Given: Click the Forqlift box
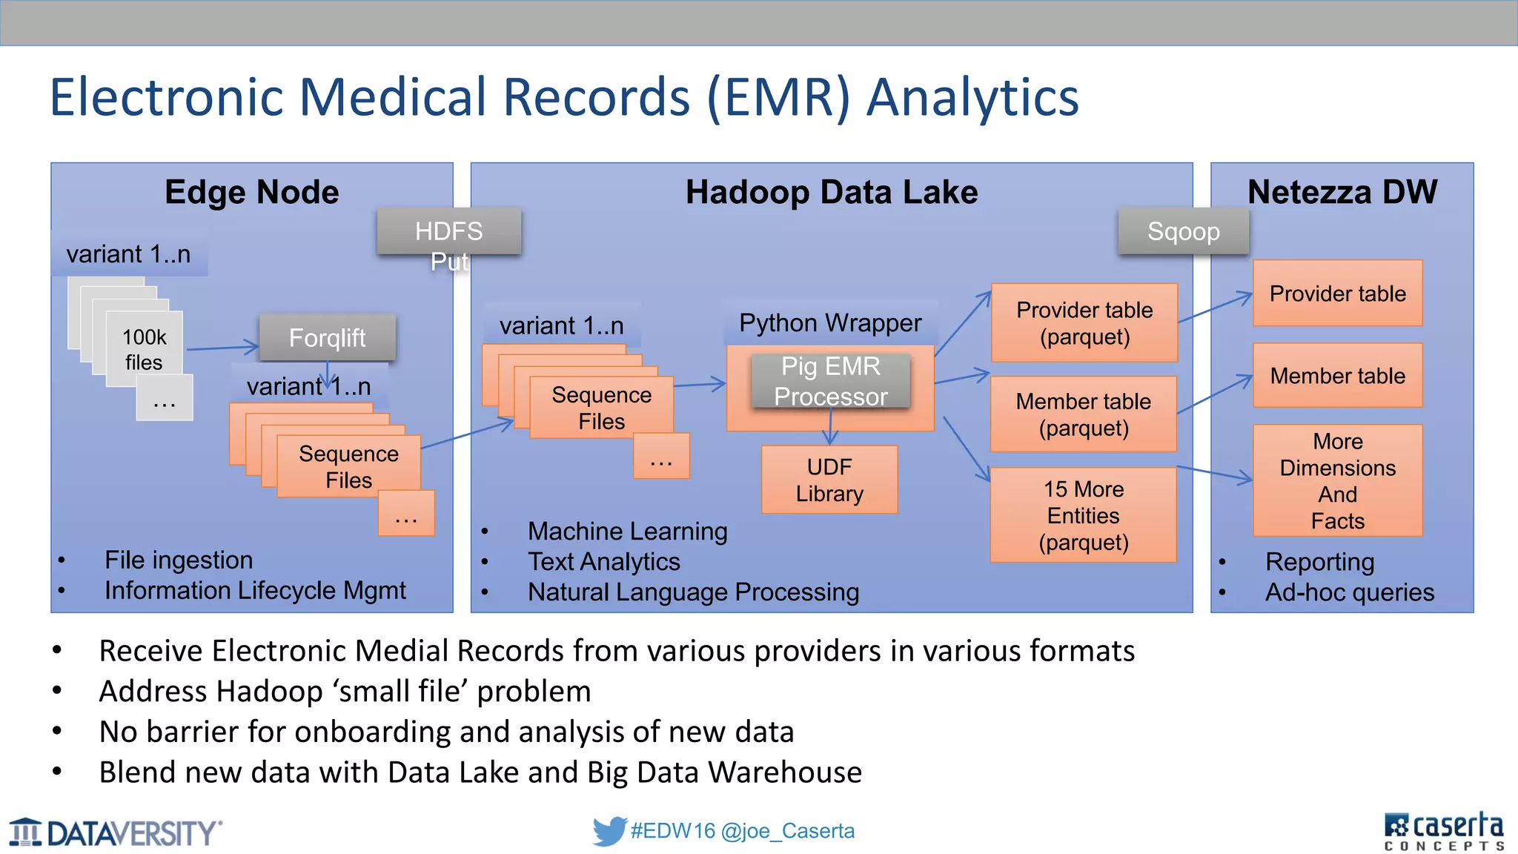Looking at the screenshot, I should (x=327, y=338).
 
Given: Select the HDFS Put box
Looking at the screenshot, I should (x=448, y=232).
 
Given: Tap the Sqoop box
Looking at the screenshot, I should (x=1183, y=232).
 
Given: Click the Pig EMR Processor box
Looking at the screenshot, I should (x=830, y=381).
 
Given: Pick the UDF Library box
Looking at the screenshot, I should (x=829, y=480).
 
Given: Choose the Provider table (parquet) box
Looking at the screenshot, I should (x=1084, y=322).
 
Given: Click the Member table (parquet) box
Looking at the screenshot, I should (x=1083, y=414).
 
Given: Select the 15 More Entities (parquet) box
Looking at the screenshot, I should (x=1083, y=515).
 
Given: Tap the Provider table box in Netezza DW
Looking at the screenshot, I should (x=1337, y=294).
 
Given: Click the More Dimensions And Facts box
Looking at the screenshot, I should (x=1337, y=480).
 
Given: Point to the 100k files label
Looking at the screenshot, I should (x=144, y=349).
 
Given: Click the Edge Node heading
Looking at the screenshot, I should (x=252, y=192).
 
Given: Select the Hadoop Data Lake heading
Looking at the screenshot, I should (x=831, y=192).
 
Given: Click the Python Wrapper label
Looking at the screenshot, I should (x=830, y=323).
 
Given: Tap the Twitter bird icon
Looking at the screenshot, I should (x=609, y=831).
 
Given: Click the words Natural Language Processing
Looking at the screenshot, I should (x=693, y=592).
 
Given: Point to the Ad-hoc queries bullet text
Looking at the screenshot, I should (x=1349, y=592).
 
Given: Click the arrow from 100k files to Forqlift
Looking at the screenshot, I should (x=222, y=348).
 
